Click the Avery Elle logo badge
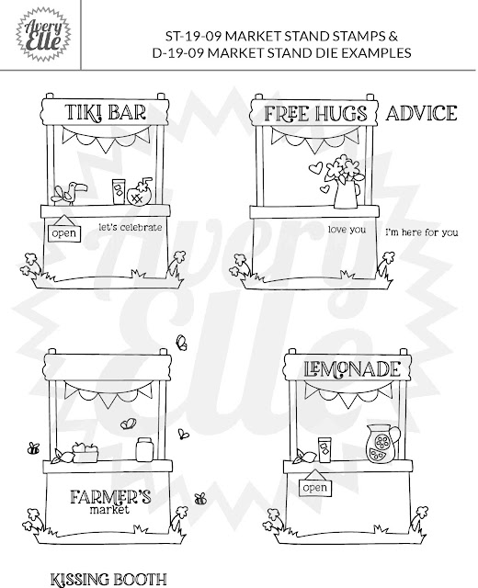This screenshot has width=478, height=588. pyautogui.click(x=43, y=35)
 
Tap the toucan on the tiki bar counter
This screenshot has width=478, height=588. pyautogui.click(x=70, y=193)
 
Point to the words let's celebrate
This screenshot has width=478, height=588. pyautogui.click(x=131, y=227)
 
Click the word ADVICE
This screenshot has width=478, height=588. pyautogui.click(x=421, y=113)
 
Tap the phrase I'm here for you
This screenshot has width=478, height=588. pyautogui.click(x=422, y=232)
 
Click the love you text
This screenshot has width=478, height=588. pyautogui.click(x=347, y=230)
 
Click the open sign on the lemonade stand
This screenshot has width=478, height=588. pyautogui.click(x=315, y=483)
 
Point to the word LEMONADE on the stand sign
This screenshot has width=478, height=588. pyautogui.click(x=352, y=369)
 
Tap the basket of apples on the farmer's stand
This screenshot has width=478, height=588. pyautogui.click(x=85, y=451)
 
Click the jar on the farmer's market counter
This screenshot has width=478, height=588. pyautogui.click(x=144, y=449)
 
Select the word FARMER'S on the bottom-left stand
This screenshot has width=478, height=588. pyautogui.click(x=110, y=497)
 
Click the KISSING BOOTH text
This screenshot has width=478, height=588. pyautogui.click(x=108, y=580)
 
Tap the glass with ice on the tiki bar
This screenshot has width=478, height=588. pyautogui.click(x=119, y=191)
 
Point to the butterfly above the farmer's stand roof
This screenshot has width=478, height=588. pyautogui.click(x=182, y=343)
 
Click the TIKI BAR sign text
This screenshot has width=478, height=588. pyautogui.click(x=106, y=112)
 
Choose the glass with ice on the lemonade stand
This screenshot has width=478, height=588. pyautogui.click(x=324, y=449)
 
